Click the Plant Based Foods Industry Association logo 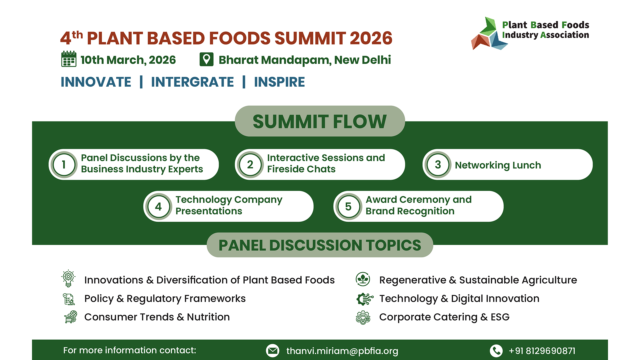click(x=530, y=33)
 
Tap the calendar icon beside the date click(x=69, y=59)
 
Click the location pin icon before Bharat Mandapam click(x=206, y=59)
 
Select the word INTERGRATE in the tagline click(x=192, y=82)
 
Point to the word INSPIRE click(x=279, y=82)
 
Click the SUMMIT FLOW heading click(x=320, y=121)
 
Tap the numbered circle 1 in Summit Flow click(x=64, y=165)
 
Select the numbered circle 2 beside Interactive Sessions click(x=250, y=165)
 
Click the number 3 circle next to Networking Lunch click(x=438, y=165)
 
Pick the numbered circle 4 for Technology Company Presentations click(x=158, y=206)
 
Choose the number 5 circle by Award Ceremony click(x=348, y=206)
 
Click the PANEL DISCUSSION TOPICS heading click(x=320, y=245)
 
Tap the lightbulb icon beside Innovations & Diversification click(x=68, y=278)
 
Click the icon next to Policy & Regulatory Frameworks click(x=69, y=299)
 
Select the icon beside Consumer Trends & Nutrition click(x=70, y=317)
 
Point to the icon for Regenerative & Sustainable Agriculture click(x=363, y=279)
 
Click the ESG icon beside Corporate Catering click(x=363, y=318)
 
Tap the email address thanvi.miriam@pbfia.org click(x=342, y=351)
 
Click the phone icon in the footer click(x=496, y=351)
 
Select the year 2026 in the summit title click(x=371, y=38)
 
